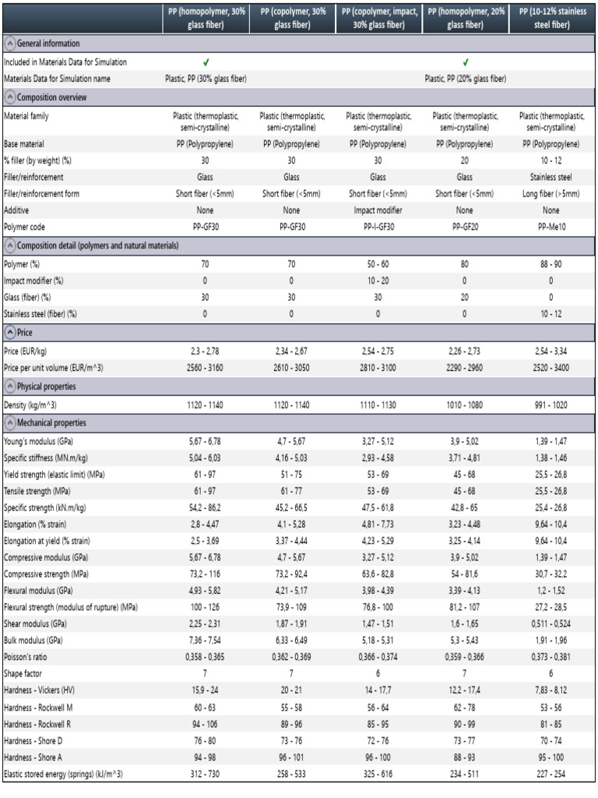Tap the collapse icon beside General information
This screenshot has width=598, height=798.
[x=9, y=44]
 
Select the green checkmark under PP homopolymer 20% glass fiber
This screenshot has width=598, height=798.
[x=465, y=62]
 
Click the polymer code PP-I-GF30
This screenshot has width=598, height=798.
[x=378, y=228]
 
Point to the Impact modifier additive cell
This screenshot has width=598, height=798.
[x=378, y=210]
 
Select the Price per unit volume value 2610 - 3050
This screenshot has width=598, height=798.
[x=290, y=367]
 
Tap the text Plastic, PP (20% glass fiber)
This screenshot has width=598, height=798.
[x=465, y=79]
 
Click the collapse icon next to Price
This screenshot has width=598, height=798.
[x=9, y=333]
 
